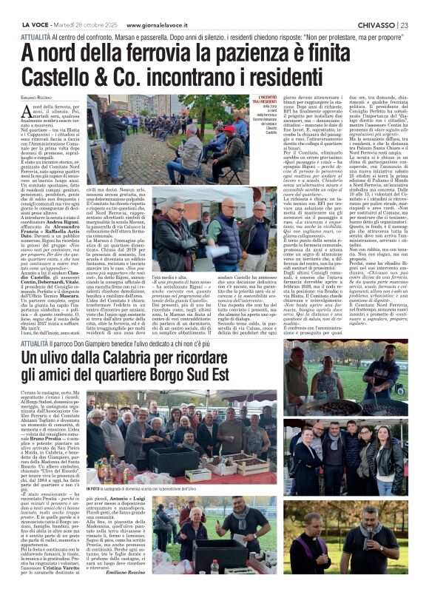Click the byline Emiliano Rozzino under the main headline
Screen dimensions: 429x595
[26, 101]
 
